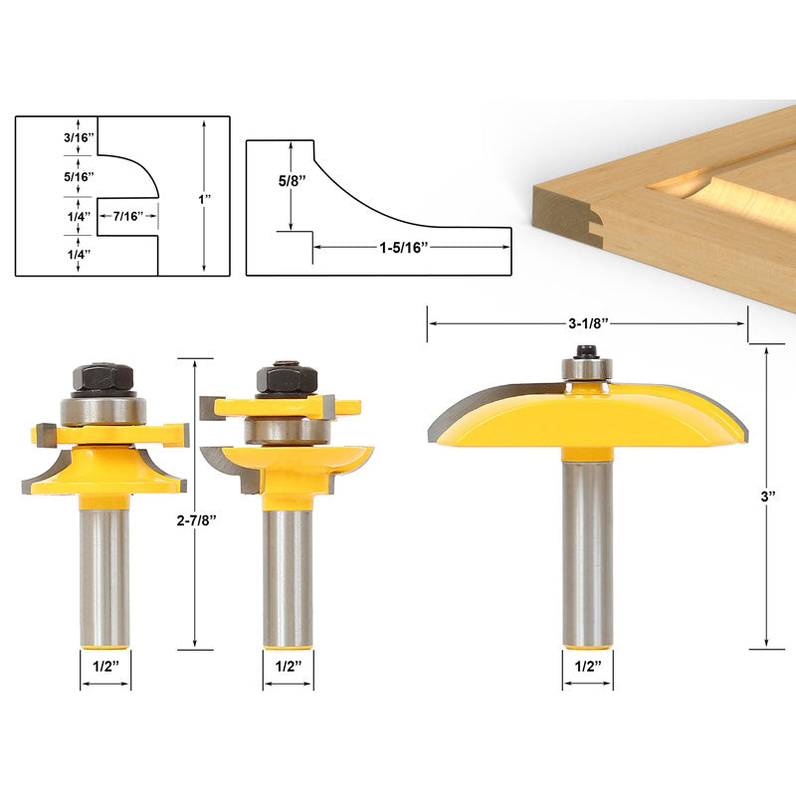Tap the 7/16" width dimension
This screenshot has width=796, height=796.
125,216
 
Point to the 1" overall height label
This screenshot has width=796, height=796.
204,199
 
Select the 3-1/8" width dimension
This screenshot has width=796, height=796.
587,322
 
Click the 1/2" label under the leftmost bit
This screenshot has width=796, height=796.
104,668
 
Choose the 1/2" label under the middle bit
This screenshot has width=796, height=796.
289,668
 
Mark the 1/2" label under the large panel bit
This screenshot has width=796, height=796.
587,668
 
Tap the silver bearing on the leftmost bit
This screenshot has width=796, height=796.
103,410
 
